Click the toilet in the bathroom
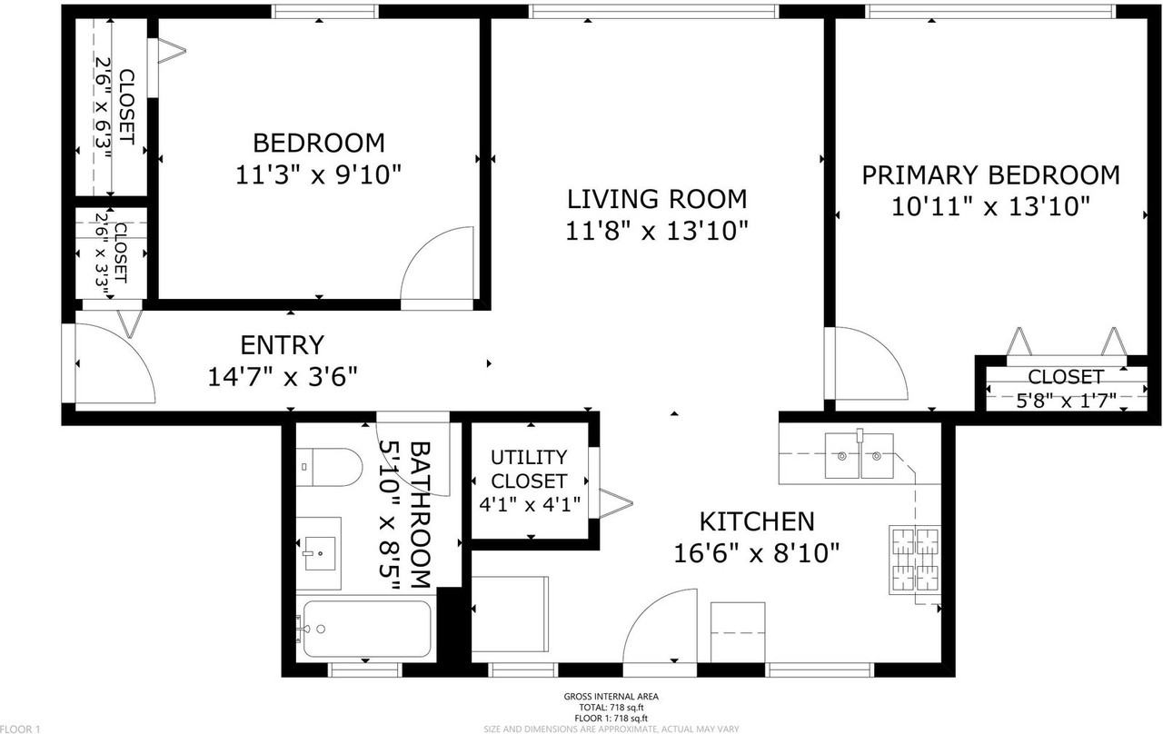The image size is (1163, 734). (329, 467)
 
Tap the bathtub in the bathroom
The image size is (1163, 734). (366, 630)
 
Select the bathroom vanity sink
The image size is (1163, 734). (319, 553)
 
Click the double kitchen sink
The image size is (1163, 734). (860, 456)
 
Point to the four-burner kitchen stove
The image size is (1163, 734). (915, 560)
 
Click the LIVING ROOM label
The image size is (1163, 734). (657, 199)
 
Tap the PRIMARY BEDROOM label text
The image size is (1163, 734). (990, 175)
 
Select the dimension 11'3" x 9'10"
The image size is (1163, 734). (319, 174)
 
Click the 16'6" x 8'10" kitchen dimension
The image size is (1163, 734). (757, 553)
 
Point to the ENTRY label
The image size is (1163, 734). (283, 345)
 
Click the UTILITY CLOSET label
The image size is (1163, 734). (529, 470)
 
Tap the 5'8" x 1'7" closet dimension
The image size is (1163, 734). (1066, 401)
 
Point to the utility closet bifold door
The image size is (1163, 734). (616, 502)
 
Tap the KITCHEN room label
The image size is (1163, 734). (757, 521)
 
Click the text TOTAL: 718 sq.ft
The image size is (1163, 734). (611, 708)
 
